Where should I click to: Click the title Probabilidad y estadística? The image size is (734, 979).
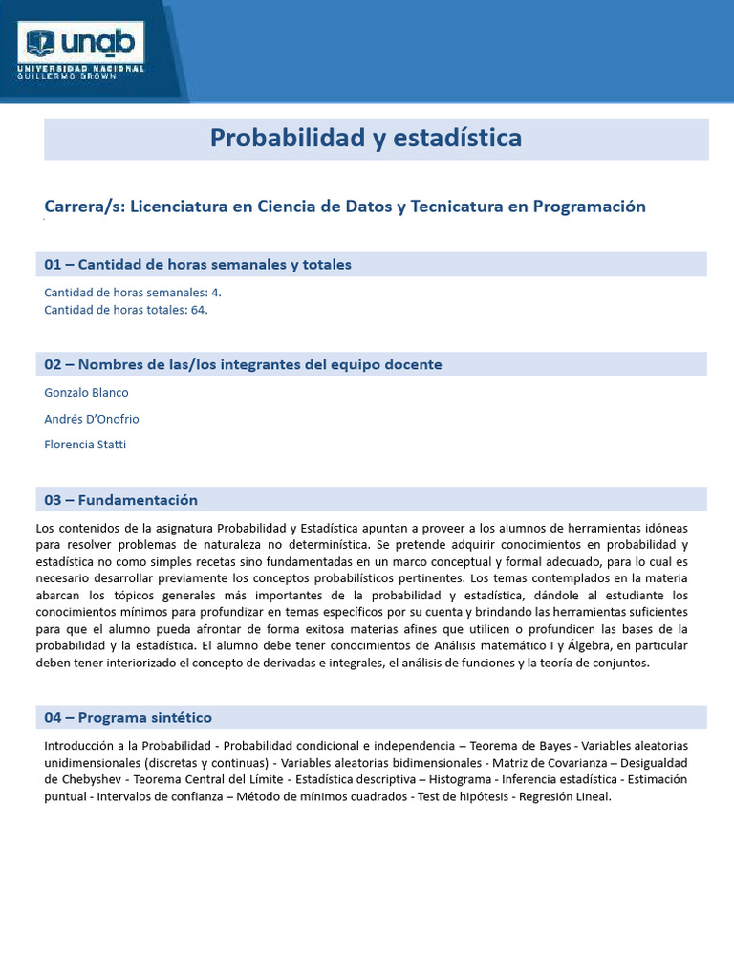tap(366, 139)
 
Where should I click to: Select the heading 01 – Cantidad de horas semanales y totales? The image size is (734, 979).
tap(198, 265)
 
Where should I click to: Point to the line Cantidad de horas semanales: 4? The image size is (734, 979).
tap(133, 293)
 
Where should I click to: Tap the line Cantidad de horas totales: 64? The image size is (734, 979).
tap(126, 310)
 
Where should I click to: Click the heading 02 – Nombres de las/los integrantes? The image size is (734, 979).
tap(243, 364)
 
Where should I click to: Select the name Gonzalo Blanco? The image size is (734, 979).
tap(86, 393)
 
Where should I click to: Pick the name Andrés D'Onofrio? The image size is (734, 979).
tap(92, 419)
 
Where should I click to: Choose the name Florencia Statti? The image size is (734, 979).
tap(86, 445)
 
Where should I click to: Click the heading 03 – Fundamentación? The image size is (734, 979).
tap(120, 500)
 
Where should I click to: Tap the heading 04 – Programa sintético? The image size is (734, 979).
tap(128, 717)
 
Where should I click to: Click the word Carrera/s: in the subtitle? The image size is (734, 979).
tap(83, 207)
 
